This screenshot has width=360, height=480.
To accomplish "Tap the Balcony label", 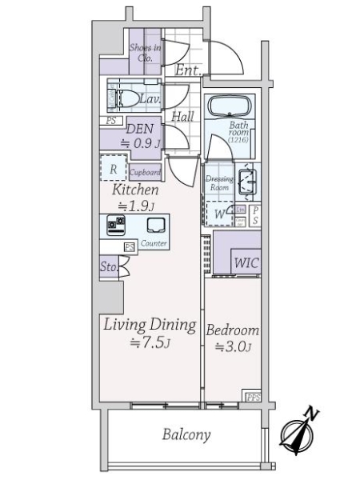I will click(186, 435).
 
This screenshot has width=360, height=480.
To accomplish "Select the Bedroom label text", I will click(232, 330).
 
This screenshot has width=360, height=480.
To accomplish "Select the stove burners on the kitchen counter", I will click(116, 225).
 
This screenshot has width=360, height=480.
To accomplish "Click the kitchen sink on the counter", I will click(155, 226).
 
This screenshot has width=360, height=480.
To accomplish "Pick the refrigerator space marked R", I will click(114, 170).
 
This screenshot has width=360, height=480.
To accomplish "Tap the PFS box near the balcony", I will click(253, 397).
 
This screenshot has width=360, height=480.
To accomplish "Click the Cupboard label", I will click(146, 172).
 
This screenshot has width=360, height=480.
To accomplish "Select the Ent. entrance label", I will click(187, 71).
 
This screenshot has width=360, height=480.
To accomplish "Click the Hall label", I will click(182, 117).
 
